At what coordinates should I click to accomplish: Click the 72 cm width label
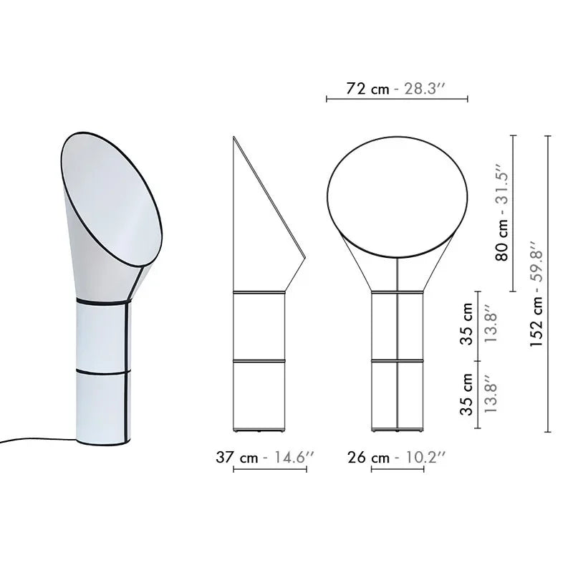point(368,89)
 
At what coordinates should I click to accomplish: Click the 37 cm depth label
point(237,457)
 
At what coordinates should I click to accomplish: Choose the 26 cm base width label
point(368,457)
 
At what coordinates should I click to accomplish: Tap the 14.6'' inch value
point(291,457)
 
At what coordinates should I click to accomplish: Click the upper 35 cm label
point(467,324)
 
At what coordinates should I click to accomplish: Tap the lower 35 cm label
point(467,394)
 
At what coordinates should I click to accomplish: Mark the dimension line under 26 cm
point(398,470)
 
